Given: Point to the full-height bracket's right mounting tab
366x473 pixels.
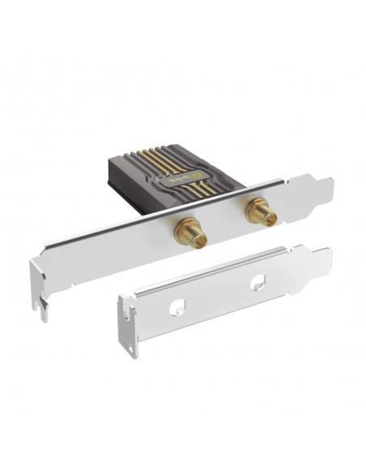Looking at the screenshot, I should pyautogui.click(x=319, y=179).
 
